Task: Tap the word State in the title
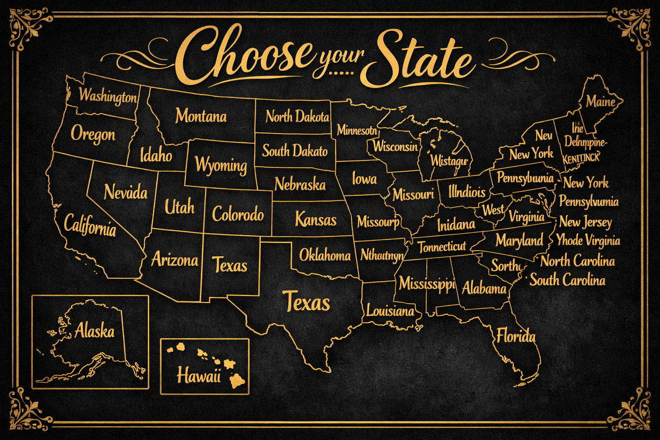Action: (419, 61)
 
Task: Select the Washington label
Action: (107, 96)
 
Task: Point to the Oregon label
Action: (93, 134)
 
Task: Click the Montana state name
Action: (201, 116)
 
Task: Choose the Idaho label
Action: (156, 155)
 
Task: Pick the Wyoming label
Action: (221, 165)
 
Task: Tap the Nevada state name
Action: (125, 192)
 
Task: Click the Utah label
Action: (180, 208)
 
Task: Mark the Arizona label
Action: (174, 260)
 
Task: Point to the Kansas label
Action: (315, 220)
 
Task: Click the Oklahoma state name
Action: (325, 256)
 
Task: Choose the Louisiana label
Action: (390, 310)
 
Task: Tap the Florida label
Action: (516, 336)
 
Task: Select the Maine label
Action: (601, 102)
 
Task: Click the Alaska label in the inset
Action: (95, 331)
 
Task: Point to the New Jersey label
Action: (585, 222)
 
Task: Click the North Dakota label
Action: (297, 116)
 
